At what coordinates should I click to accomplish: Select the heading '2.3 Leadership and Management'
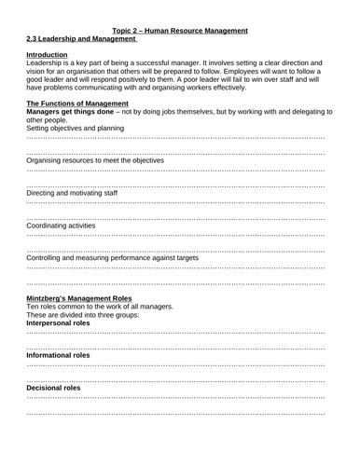click(82, 39)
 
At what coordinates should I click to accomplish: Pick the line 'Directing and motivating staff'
click(72, 193)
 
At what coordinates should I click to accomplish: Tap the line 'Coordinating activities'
click(61, 226)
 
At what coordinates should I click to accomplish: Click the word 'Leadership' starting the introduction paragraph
click(45, 64)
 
